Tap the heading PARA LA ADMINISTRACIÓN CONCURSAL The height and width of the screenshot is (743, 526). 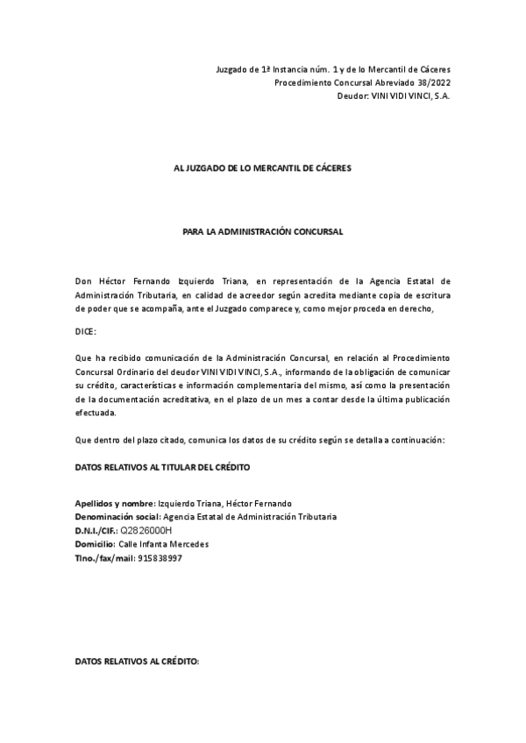(x=262, y=232)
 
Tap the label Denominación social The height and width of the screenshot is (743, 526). (x=118, y=517)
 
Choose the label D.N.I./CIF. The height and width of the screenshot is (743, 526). (x=96, y=531)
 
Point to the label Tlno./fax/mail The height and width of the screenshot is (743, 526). (x=104, y=558)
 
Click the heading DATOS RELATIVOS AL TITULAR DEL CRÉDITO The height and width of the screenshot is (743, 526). (x=163, y=468)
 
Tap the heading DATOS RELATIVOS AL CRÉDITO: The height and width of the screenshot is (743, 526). (x=138, y=662)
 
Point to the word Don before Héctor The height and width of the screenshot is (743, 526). (x=83, y=281)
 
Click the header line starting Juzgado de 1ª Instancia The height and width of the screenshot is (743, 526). (x=333, y=69)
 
